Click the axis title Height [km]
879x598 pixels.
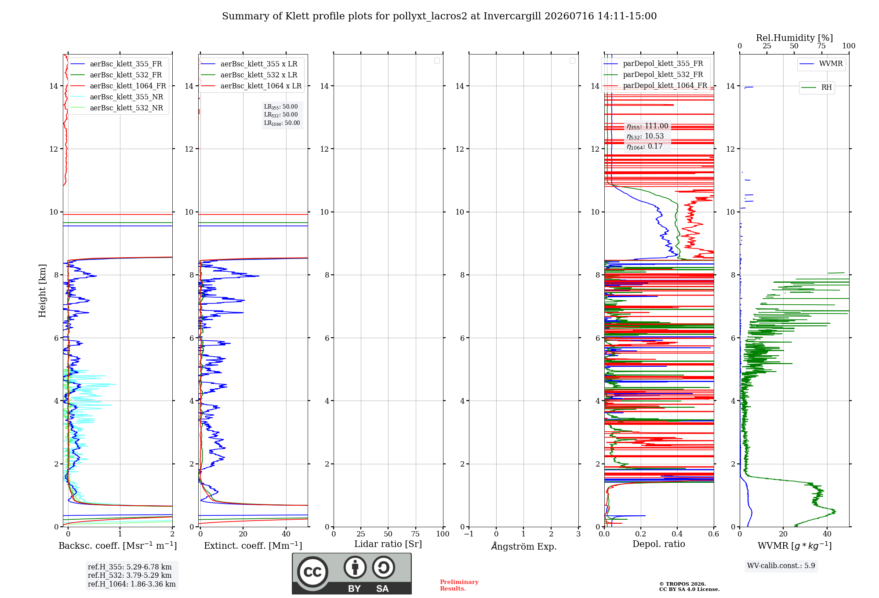tap(42, 291)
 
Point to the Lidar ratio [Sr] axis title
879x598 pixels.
tap(388, 544)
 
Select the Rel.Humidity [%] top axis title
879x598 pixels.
tap(795, 38)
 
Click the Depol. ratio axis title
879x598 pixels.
tap(659, 544)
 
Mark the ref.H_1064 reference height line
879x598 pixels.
tap(132, 584)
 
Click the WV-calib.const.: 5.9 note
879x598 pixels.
tap(781, 565)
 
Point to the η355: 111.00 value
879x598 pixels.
tap(647, 126)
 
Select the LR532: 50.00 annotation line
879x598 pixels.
tap(281, 115)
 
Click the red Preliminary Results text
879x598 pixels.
tap(459, 585)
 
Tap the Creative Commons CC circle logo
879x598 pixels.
tap(312, 572)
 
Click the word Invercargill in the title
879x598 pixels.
tap(512, 16)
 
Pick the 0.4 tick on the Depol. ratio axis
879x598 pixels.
tap(677, 534)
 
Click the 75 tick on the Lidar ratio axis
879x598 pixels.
tap(415, 534)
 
